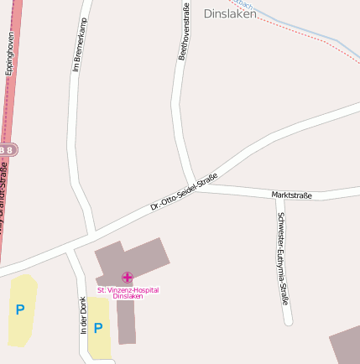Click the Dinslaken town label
pyautogui.click(x=230, y=13)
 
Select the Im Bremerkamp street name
pyautogui.click(x=80, y=44)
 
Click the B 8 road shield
pyautogui.click(x=7, y=149)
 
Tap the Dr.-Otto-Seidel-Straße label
pyautogui.click(x=184, y=191)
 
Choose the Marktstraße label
pyautogui.click(x=292, y=195)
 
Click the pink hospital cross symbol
pyautogui.click(x=128, y=277)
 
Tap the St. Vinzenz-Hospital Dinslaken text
pyautogui.click(x=128, y=293)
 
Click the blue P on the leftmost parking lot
pyautogui.click(x=19, y=309)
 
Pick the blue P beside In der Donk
pyautogui.click(x=98, y=328)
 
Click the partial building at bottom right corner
pyautogui.click(x=346, y=346)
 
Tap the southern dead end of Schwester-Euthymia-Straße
pyautogui.click(x=288, y=324)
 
